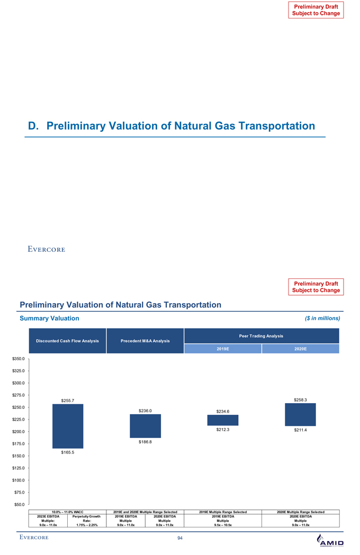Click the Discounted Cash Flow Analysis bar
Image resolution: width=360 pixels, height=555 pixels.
pos(68,426)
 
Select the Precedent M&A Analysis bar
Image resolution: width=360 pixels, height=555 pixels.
pos(146,426)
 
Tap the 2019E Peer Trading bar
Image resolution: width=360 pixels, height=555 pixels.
pos(223,420)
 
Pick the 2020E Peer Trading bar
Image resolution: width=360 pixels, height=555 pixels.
pos(300,414)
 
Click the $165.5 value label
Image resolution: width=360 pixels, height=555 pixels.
pos(68,452)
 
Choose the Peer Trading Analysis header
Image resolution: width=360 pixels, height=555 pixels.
pos(261,335)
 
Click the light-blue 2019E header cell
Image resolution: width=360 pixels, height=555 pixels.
pos(223,349)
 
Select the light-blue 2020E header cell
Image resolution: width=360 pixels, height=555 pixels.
pos(300,349)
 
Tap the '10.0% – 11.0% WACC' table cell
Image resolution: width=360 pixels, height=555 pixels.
pos(68,512)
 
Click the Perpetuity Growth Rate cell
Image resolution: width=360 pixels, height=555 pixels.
pos(87,520)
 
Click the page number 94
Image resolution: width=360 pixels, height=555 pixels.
pos(180,538)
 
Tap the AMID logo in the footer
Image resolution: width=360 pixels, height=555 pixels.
pos(330,541)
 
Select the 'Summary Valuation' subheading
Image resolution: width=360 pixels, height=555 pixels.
pos(49,319)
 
